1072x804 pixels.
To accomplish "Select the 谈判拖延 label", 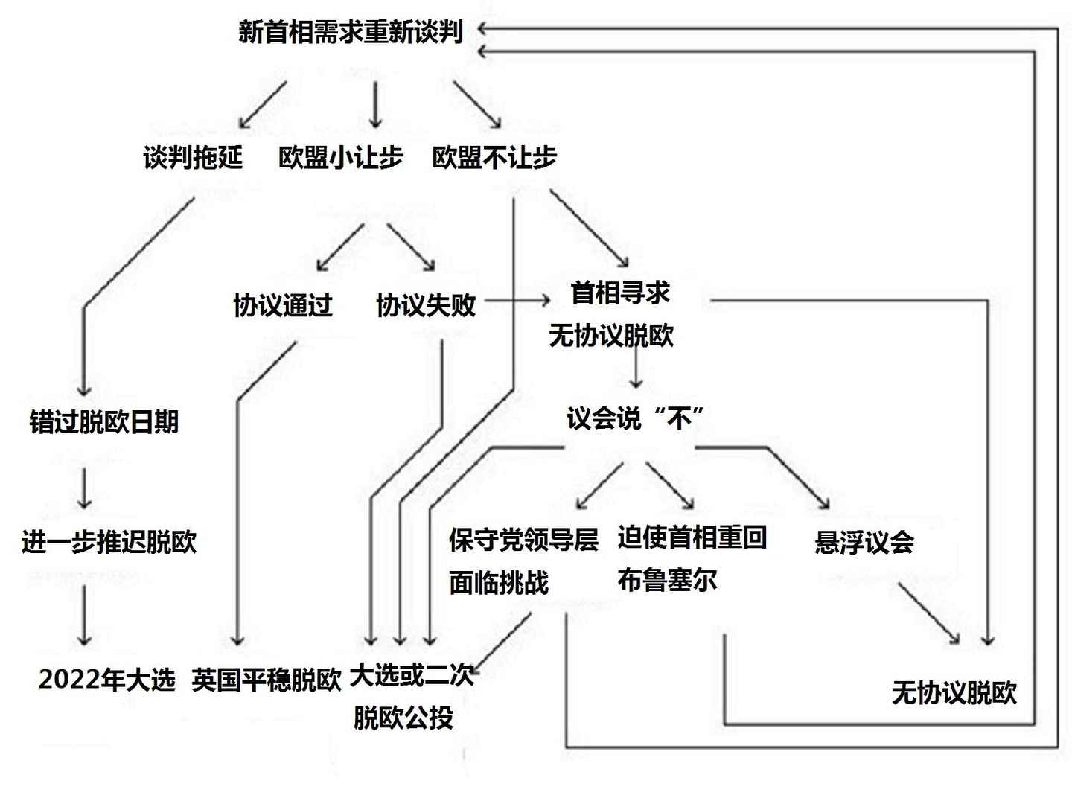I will pyautogui.click(x=193, y=158).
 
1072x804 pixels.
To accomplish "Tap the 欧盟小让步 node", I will pyautogui.click(x=341, y=158).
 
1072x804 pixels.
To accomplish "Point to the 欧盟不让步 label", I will pyautogui.click(x=494, y=158).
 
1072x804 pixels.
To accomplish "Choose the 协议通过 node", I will pyautogui.click(x=283, y=305).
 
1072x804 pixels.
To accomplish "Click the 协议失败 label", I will pyautogui.click(x=426, y=305).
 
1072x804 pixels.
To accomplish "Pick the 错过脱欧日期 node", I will pyautogui.click(x=104, y=422).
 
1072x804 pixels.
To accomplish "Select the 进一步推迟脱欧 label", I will pyautogui.click(x=109, y=542).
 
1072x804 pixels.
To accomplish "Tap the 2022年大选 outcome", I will pyautogui.click(x=107, y=679).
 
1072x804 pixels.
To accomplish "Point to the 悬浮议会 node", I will pyautogui.click(x=864, y=542).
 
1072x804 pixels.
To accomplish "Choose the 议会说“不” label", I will pyautogui.click(x=635, y=418).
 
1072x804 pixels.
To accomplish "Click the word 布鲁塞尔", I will pyautogui.click(x=667, y=581).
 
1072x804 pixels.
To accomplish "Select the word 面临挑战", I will pyautogui.click(x=499, y=583).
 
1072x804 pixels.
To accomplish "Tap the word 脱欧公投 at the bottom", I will pyautogui.click(x=403, y=718).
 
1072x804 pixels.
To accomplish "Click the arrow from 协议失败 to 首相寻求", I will pyautogui.click(x=517, y=301).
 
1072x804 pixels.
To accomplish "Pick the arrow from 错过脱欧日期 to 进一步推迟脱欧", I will pyautogui.click(x=84, y=488).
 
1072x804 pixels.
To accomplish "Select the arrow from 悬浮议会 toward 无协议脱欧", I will pyautogui.click(x=928, y=613).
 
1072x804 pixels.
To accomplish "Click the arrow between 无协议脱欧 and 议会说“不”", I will pyautogui.click(x=635, y=367).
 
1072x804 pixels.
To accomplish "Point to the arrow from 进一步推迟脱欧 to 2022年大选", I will pyautogui.click(x=84, y=614).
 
